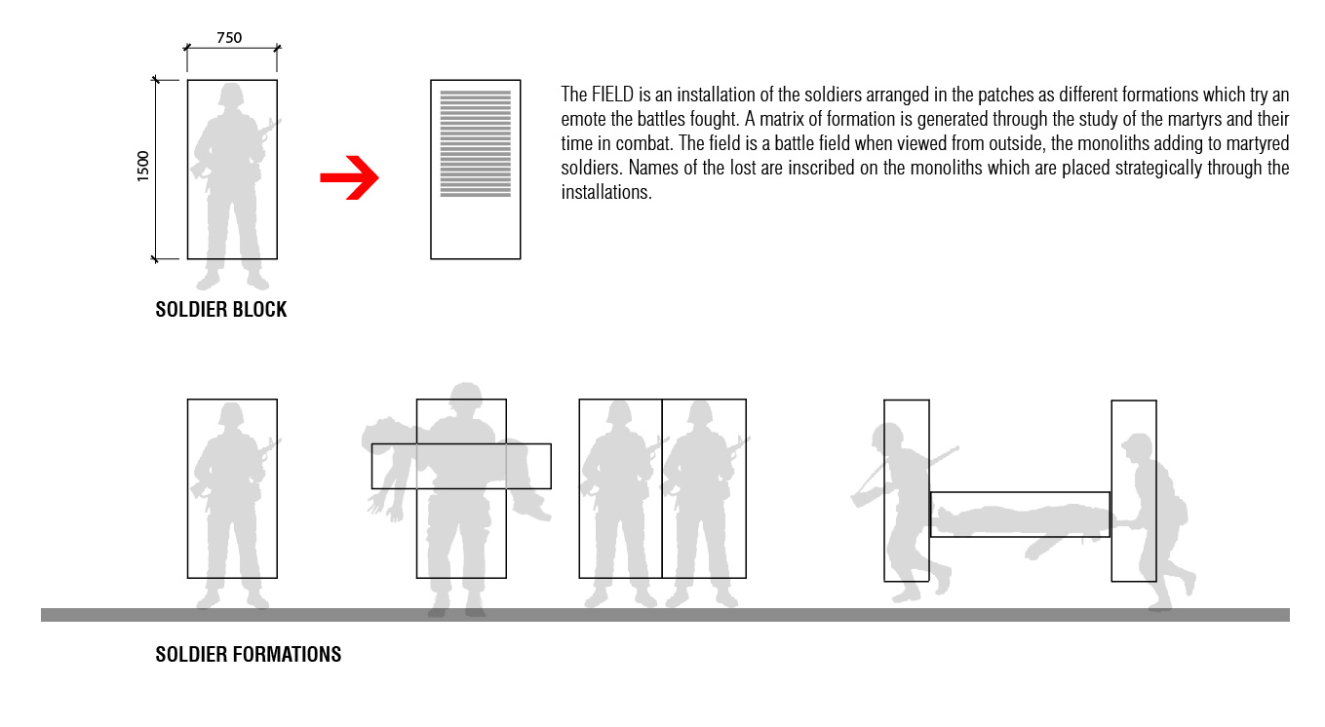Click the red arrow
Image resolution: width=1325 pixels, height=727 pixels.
(350, 177)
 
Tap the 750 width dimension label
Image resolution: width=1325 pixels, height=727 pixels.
(229, 38)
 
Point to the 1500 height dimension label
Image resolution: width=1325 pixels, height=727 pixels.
(143, 166)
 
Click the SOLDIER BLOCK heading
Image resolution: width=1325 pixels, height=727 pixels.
(221, 309)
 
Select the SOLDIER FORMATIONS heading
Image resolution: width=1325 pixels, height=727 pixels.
(249, 654)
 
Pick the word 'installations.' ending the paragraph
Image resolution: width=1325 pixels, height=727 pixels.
(606, 192)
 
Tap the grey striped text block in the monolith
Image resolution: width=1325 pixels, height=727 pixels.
(476, 143)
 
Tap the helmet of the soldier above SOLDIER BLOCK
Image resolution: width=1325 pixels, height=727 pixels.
(231, 95)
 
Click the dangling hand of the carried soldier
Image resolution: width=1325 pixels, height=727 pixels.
(376, 506)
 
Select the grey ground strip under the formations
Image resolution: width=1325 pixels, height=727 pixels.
(666, 615)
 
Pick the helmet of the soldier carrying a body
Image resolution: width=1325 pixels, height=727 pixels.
(465, 396)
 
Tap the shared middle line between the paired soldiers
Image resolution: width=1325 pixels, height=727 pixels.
(662, 489)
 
